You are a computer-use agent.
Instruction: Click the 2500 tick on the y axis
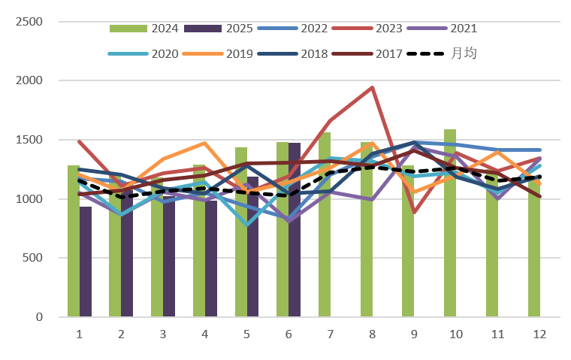click(29, 21)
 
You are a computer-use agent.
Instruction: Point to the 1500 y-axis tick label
click(29, 140)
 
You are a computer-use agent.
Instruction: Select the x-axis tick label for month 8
click(372, 333)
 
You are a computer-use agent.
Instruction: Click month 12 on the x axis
click(539, 333)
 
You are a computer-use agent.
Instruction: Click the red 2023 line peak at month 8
click(372, 87)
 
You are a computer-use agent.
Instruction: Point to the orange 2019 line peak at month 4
click(204, 143)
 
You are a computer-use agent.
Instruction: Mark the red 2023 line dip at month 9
click(414, 212)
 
